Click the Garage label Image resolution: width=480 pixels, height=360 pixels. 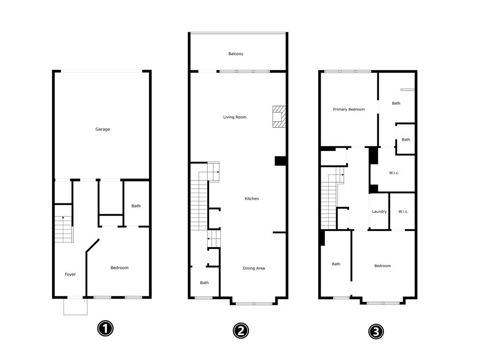pos(103,129)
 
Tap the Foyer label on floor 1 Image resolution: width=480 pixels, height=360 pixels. pos(70,274)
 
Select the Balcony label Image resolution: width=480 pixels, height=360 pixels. pos(236,53)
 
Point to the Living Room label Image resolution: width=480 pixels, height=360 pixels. pos(235,117)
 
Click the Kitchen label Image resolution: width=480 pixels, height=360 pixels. pos(252,199)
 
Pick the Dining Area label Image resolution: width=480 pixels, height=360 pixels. pos(254,268)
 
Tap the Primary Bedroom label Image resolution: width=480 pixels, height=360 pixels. pos(349,109)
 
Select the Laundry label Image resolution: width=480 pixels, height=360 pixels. pos(379,211)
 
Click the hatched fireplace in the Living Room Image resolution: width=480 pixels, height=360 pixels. pos(279,117)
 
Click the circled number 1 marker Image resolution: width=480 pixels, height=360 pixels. pos(105,329)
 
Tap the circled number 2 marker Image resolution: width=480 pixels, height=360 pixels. pos(241,330)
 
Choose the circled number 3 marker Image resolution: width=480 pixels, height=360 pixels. pos(376,331)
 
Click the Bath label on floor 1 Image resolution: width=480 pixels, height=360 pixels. pos(136,206)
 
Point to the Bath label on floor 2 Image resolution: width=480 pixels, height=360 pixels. pos(204,283)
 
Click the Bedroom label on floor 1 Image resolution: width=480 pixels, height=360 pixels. pos(120,268)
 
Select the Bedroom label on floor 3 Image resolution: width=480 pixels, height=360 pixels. pos(382,266)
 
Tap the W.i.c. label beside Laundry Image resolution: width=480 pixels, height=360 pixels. pos(404,211)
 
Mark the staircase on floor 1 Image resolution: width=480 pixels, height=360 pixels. pos(64,229)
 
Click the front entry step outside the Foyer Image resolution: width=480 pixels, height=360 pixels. pos(75,307)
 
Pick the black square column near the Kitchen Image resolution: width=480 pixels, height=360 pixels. pos(280,161)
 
